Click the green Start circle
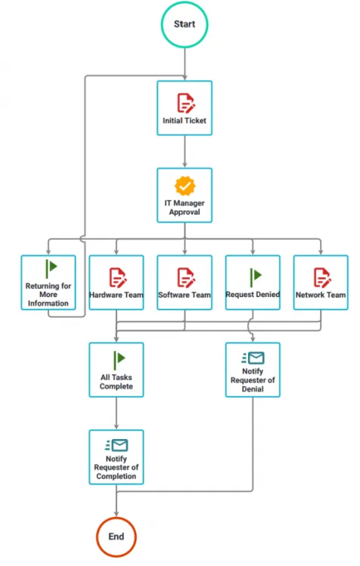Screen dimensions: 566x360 185,24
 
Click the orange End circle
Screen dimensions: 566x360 116,537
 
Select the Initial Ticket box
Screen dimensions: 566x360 185,108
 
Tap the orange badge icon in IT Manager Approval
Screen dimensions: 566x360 185,186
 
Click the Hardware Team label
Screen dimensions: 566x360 116,295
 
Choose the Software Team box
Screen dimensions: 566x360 185,283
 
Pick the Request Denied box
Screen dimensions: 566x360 253,283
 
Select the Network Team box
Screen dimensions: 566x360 321,283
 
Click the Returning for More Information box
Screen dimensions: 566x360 48,283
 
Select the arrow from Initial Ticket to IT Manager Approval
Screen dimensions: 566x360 185,152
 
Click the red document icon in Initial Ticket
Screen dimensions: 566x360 185,102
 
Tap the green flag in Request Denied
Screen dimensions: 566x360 253,275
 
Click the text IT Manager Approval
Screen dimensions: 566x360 185,208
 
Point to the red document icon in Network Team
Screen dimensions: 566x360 321,276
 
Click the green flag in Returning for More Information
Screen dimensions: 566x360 50,267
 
